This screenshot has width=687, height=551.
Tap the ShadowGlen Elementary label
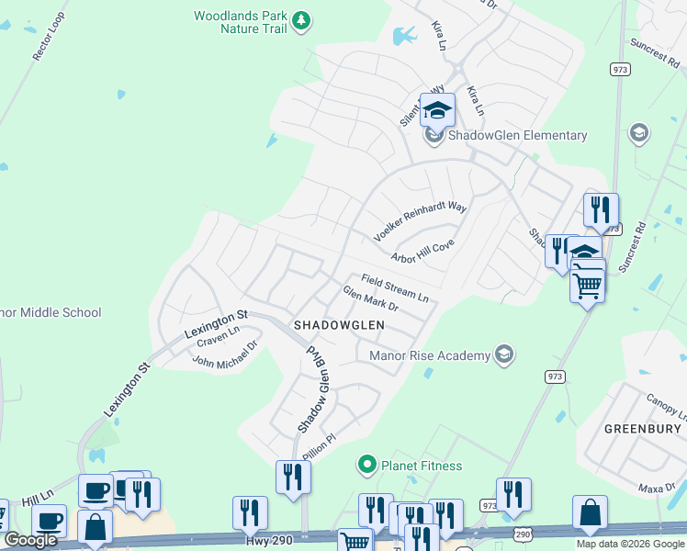(517, 136)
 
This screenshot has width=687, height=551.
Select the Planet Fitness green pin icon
(367, 465)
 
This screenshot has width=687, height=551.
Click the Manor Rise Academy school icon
(502, 354)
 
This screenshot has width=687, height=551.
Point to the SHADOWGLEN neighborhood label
(338, 326)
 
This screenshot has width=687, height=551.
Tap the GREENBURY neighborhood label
(642, 429)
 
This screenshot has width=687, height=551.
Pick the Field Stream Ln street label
(395, 287)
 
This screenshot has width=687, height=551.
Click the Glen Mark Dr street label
(370, 299)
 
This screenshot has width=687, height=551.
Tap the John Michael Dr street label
(225, 354)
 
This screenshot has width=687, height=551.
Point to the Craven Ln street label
(218, 337)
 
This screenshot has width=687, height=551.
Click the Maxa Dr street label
(658, 489)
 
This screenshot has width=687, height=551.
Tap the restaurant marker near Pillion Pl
(293, 478)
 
